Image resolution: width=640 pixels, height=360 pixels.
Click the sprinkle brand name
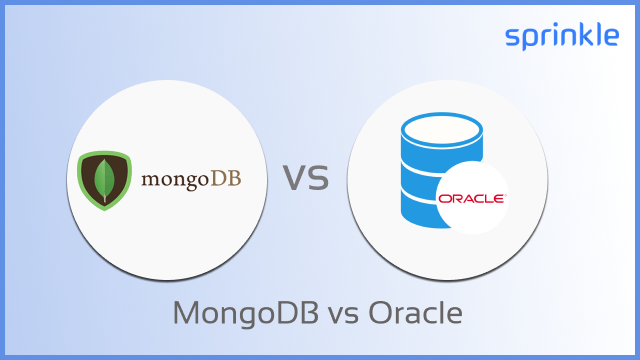coord(562,38)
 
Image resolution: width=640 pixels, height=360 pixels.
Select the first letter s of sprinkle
coord(512,39)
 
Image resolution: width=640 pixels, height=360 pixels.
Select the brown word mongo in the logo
coord(171,180)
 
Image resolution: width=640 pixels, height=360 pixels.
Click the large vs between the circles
coord(306,178)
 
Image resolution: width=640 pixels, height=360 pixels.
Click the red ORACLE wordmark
coord(471,198)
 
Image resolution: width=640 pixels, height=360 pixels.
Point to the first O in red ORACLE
coord(444,198)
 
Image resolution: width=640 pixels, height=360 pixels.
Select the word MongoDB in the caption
coord(236,313)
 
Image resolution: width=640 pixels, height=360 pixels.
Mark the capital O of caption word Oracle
coord(380,313)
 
